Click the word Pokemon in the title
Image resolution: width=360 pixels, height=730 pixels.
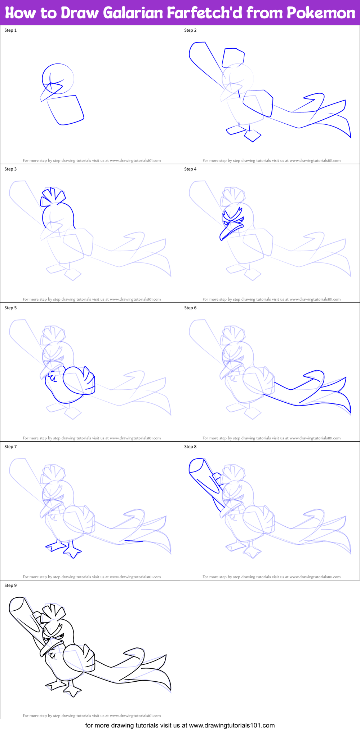321,13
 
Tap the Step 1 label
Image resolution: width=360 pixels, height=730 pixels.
10,30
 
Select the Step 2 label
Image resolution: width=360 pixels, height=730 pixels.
190,30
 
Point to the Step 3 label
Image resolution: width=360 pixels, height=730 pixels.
10,169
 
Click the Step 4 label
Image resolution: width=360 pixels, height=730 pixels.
190,169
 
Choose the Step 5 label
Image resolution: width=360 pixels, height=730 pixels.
10,308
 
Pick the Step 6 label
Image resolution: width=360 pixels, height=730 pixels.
190,308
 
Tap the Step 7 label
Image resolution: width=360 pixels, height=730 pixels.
10,447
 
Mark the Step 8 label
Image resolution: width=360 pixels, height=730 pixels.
190,447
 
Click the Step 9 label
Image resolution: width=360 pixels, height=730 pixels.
10,585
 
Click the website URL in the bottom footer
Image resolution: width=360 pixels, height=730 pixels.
232,725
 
